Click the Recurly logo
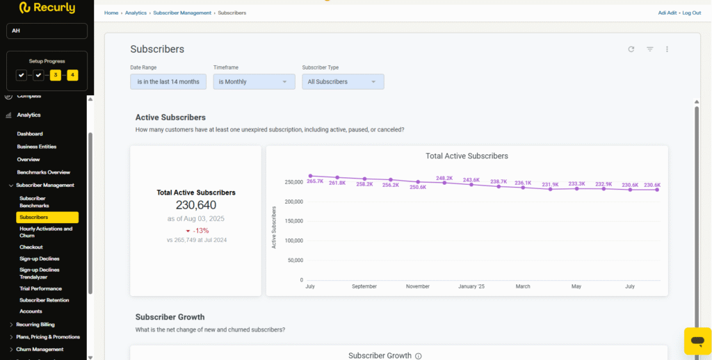(47, 8)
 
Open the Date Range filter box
(168, 82)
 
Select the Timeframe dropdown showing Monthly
(254, 82)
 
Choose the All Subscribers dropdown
(343, 82)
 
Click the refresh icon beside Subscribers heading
(631, 49)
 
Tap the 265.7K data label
(315, 181)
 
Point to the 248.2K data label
(444, 178)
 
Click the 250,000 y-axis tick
(293, 182)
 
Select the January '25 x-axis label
(471, 286)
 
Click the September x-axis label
(364, 286)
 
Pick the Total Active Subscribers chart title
(467, 156)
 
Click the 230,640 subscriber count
(196, 205)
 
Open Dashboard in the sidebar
(30, 133)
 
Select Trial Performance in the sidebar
(40, 288)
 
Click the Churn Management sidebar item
(40, 350)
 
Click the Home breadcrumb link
(111, 13)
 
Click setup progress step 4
(72, 75)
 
